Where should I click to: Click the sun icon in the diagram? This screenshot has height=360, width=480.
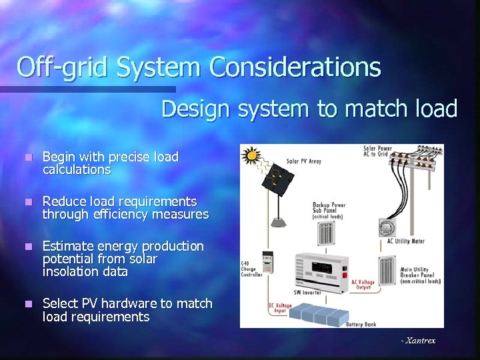(251, 156)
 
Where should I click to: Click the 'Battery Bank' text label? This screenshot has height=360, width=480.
(361, 324)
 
